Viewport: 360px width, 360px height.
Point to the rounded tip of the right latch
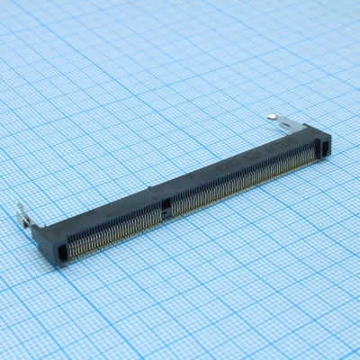[272, 115]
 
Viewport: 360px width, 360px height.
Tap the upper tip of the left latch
[20, 206]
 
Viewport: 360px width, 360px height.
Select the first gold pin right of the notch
[172, 210]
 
